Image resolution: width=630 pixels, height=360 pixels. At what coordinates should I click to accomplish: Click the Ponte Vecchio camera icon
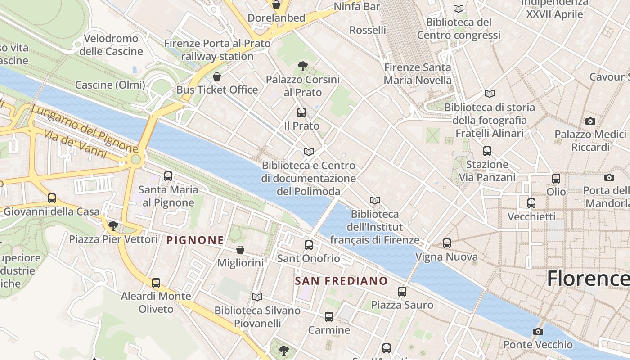click(x=538, y=332)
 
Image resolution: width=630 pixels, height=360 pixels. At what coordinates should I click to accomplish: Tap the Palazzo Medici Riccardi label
click(x=590, y=141)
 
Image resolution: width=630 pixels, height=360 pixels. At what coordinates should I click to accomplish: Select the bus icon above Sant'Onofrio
click(x=309, y=245)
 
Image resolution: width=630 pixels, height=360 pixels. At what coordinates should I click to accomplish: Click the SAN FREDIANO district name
click(x=341, y=281)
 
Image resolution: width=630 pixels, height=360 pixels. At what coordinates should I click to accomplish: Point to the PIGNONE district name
click(x=195, y=241)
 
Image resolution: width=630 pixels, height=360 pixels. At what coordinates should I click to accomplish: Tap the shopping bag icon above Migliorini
click(x=240, y=250)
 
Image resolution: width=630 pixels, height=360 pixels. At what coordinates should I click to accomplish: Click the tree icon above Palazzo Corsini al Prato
click(x=303, y=67)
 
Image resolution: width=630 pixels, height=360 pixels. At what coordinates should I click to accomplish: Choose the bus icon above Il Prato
click(x=301, y=112)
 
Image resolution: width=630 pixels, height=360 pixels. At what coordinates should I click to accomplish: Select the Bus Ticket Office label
click(x=217, y=90)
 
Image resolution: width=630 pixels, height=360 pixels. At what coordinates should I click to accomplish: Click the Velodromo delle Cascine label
click(x=111, y=45)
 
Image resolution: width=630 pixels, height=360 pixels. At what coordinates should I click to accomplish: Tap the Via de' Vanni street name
click(x=76, y=144)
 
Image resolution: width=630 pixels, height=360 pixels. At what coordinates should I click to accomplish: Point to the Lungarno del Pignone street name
click(x=84, y=129)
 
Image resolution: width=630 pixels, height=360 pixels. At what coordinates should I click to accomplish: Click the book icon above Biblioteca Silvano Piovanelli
click(x=257, y=297)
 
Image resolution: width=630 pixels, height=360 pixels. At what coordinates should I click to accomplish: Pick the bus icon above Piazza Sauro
click(x=402, y=292)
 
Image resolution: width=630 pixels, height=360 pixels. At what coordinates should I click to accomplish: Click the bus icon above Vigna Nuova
click(x=447, y=243)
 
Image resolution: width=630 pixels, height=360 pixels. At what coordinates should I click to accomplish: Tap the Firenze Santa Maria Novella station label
click(x=418, y=74)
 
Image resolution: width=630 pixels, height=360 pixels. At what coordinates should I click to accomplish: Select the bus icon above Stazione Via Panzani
click(x=487, y=151)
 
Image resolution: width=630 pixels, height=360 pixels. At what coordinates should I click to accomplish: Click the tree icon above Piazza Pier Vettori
click(x=113, y=225)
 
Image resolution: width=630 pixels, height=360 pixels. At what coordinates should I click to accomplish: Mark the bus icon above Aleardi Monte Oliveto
click(x=156, y=283)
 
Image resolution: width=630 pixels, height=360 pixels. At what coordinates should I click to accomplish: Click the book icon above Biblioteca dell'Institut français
click(x=375, y=200)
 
